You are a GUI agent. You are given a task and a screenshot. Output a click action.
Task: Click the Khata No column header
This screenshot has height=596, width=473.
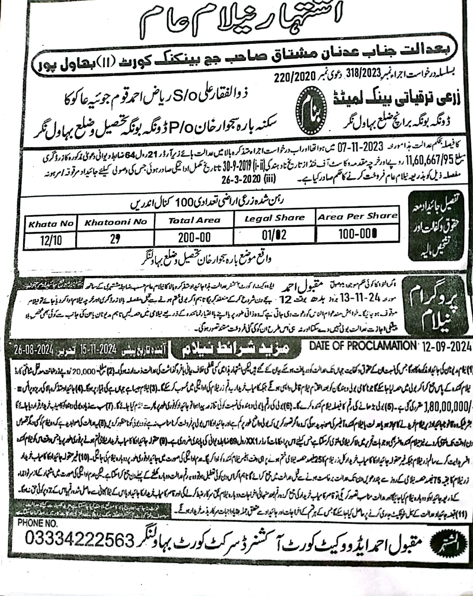point(50,224)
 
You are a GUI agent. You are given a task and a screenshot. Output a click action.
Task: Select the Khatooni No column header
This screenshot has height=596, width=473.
point(116,222)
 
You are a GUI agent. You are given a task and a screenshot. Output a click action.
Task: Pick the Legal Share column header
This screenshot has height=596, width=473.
point(274,218)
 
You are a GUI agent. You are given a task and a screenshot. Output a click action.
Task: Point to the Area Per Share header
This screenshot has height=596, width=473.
point(357,216)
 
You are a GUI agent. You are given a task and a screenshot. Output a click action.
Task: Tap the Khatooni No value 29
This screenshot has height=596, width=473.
point(115,239)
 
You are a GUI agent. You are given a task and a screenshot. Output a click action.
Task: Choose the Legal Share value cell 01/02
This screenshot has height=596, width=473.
point(274,235)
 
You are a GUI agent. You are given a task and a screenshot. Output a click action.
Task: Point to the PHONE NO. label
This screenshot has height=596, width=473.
point(38,523)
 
